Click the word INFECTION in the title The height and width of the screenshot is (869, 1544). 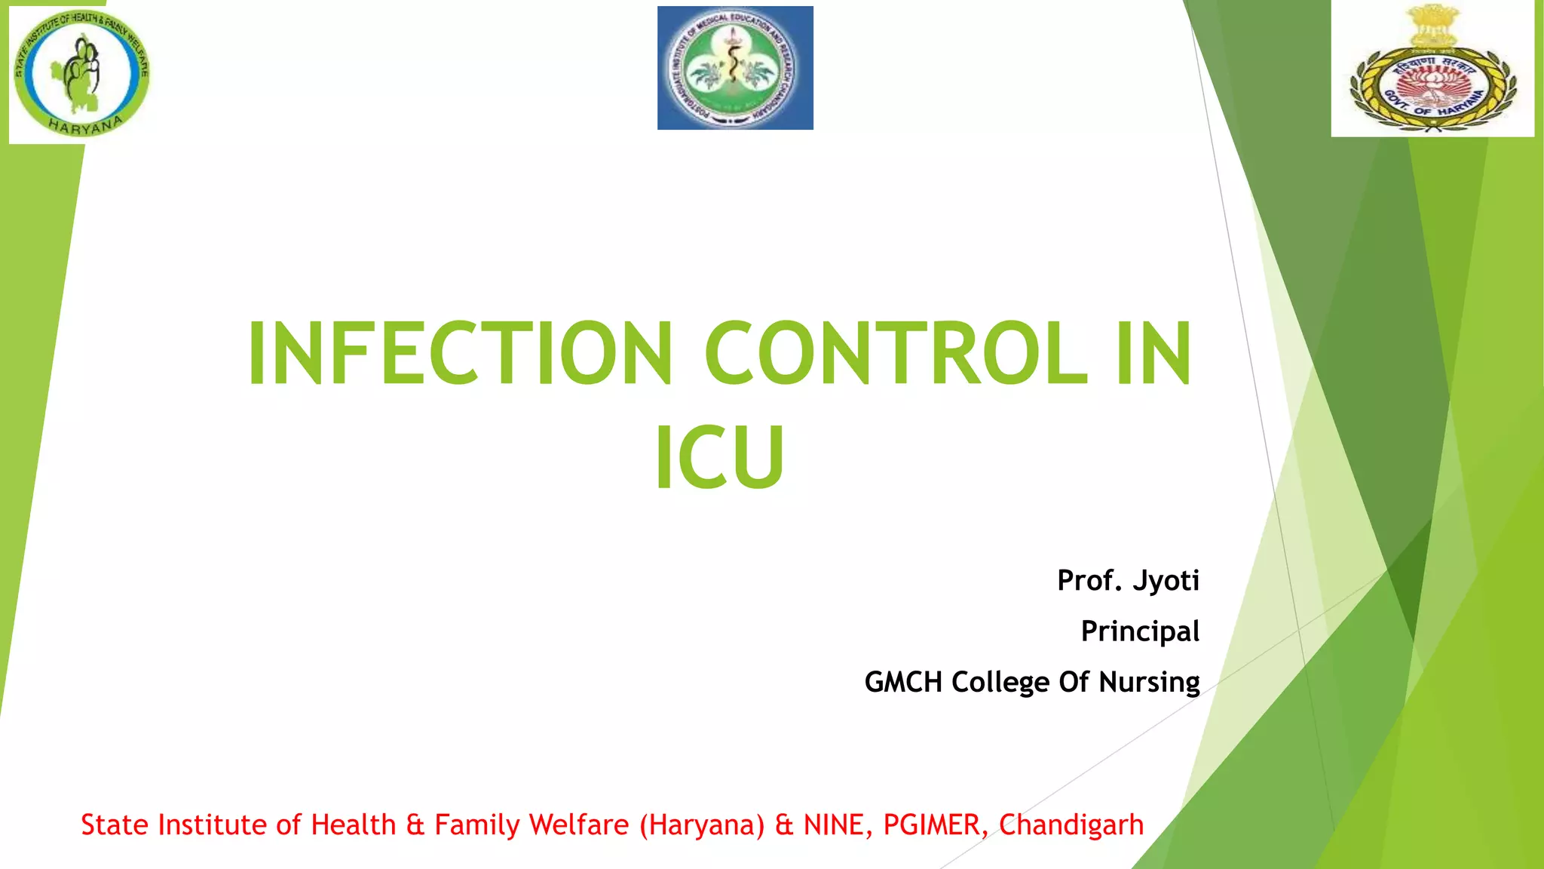point(460,353)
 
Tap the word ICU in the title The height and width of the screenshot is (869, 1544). point(720,458)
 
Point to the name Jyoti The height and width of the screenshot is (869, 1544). point(1166,580)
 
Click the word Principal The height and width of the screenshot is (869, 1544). point(1140,631)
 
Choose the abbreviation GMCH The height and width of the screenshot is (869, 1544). point(903,682)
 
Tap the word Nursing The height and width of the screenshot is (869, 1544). point(1149,683)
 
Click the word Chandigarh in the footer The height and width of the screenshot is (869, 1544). point(1071,824)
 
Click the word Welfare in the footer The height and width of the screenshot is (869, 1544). point(579,824)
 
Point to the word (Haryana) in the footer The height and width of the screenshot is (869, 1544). point(702,825)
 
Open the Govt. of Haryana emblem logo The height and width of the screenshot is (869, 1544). point(1432,69)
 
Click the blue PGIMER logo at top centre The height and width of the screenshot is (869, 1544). point(735,68)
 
